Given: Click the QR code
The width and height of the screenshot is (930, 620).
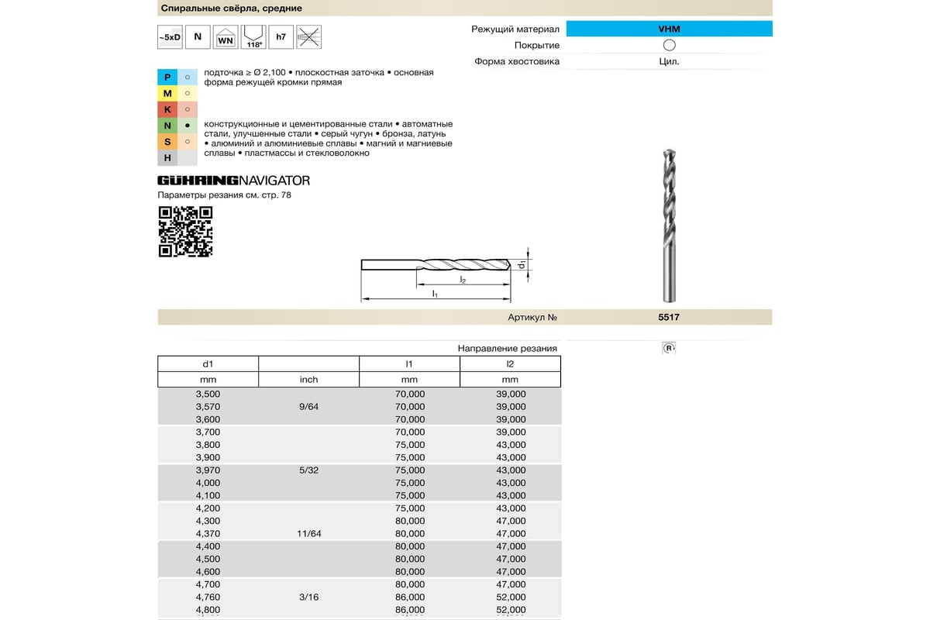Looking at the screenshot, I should (185, 232).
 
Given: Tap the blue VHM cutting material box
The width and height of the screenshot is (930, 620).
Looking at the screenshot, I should (669, 29).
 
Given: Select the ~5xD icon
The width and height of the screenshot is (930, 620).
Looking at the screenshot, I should (170, 37).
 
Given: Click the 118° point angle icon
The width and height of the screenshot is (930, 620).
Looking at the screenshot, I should (253, 37).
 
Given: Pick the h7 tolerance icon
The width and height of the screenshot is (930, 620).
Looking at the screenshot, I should (281, 37).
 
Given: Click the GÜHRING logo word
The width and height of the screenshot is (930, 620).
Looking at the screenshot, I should (197, 181).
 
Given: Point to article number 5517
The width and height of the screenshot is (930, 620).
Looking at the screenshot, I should (669, 317).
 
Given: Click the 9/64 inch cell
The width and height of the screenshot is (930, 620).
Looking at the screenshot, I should (308, 406).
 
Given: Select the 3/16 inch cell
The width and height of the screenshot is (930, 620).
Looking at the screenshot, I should (308, 597).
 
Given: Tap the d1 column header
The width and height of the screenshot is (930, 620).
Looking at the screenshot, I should (208, 363).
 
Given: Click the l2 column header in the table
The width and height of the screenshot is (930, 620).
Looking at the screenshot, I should (510, 363).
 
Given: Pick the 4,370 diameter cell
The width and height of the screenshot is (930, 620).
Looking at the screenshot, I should (208, 533).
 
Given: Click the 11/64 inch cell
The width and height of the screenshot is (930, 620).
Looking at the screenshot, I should (308, 533).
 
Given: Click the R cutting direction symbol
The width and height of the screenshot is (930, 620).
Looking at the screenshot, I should (669, 349).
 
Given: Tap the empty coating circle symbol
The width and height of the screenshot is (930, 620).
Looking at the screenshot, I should (670, 45).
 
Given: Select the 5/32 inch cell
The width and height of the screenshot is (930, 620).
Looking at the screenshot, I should (308, 470).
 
